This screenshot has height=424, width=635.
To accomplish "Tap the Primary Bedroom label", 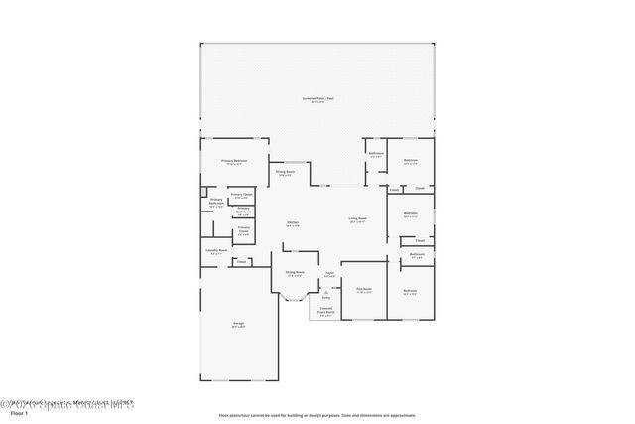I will click(233, 160).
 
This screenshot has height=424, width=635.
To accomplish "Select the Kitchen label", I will click(293, 221).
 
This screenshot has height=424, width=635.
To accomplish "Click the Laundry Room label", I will click(216, 250).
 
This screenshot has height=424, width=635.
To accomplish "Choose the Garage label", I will click(239, 324).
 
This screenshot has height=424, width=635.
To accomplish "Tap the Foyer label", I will click(329, 273).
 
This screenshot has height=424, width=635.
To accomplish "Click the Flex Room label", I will click(364, 289).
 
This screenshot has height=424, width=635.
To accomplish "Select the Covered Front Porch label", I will click(326, 309).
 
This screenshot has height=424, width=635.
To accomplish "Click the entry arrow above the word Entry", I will click(325, 291).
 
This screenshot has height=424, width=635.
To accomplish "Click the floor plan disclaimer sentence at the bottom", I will click(317, 414).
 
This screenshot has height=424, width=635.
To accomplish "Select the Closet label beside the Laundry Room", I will click(241, 262).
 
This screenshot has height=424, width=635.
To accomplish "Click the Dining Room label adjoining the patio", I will click(285, 173).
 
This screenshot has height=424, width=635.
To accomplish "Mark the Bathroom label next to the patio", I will click(376, 153).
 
